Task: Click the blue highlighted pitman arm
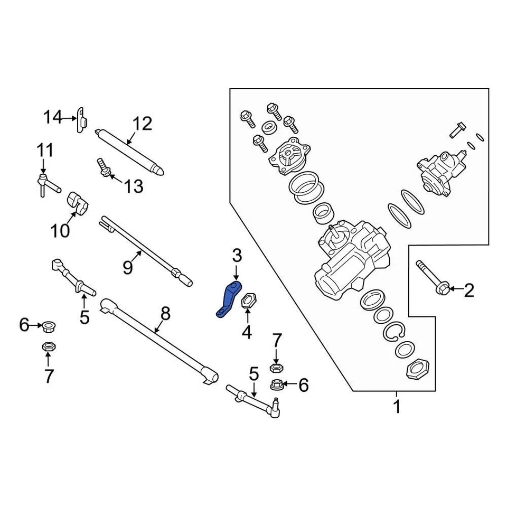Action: click(228, 299)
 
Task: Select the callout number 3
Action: click(236, 257)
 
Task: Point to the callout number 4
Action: click(247, 332)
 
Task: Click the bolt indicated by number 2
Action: click(432, 278)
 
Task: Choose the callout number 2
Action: click(468, 289)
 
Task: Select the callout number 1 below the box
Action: click(396, 407)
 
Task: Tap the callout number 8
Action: click(165, 314)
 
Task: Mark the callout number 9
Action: click(127, 268)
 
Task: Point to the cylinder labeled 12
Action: click(129, 151)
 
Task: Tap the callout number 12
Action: click(142, 124)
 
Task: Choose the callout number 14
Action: click(53, 117)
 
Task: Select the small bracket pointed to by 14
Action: click(81, 120)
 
